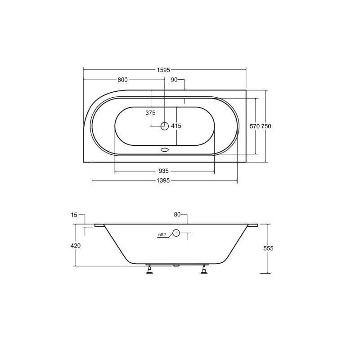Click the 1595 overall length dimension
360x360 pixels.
coord(163,70)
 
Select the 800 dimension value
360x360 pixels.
coord(122,80)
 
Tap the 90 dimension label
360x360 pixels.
coord(174,80)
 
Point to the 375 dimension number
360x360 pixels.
coord(150,113)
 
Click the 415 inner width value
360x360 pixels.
coord(176,126)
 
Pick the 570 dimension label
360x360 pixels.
coord(255,126)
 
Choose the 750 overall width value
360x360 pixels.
coord(266,126)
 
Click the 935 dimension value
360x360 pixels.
coord(164,171)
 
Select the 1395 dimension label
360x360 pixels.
coord(163,181)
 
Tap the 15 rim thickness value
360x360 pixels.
coord(74,215)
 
